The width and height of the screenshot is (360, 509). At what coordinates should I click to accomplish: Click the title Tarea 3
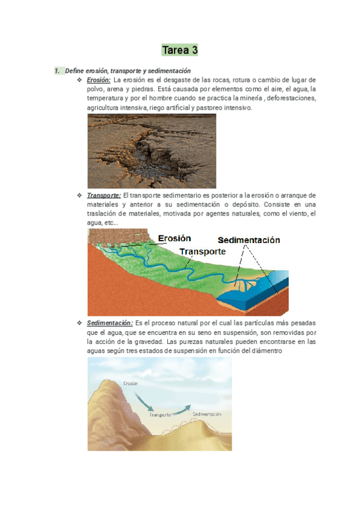click(180, 49)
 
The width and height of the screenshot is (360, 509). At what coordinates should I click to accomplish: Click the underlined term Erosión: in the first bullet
click(98, 80)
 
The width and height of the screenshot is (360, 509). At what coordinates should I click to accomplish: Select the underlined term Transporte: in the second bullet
click(104, 195)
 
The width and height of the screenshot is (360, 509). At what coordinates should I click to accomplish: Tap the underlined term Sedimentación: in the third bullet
click(110, 322)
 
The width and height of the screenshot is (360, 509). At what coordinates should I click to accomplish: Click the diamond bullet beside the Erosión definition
click(80, 80)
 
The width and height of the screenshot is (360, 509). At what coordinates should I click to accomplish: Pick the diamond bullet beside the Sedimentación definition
click(80, 322)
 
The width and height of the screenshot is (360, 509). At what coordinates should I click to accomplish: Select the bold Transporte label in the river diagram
click(203, 251)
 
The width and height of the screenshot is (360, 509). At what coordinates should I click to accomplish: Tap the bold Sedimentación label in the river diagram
click(248, 240)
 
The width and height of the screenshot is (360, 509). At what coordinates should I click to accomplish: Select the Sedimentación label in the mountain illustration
click(207, 414)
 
